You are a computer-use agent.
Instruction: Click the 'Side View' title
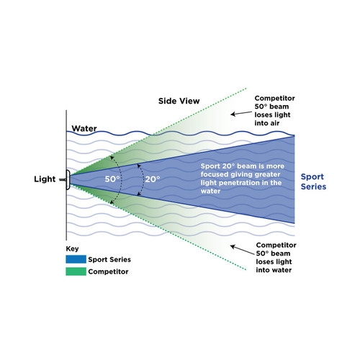179,101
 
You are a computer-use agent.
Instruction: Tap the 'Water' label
84,128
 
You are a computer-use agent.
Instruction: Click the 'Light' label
45,179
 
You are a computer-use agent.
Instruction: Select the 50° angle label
112,179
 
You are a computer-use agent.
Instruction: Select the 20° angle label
153,179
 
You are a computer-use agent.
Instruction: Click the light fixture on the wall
67,180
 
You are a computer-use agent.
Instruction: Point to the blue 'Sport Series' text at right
313,181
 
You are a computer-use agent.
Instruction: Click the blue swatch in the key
76,259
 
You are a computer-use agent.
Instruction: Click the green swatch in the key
76,271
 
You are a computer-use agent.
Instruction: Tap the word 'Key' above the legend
72,249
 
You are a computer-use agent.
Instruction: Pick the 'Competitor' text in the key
108,271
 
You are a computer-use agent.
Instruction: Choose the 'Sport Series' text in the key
109,259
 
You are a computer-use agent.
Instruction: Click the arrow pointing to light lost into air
241,113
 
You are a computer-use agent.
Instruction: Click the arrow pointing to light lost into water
242,250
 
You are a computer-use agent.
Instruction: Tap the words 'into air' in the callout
267,123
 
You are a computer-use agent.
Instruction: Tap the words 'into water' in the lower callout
274,270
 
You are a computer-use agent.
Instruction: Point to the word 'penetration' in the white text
240,183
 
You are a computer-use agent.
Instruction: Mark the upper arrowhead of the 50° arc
111,158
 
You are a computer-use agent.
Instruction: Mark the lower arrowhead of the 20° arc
138,194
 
